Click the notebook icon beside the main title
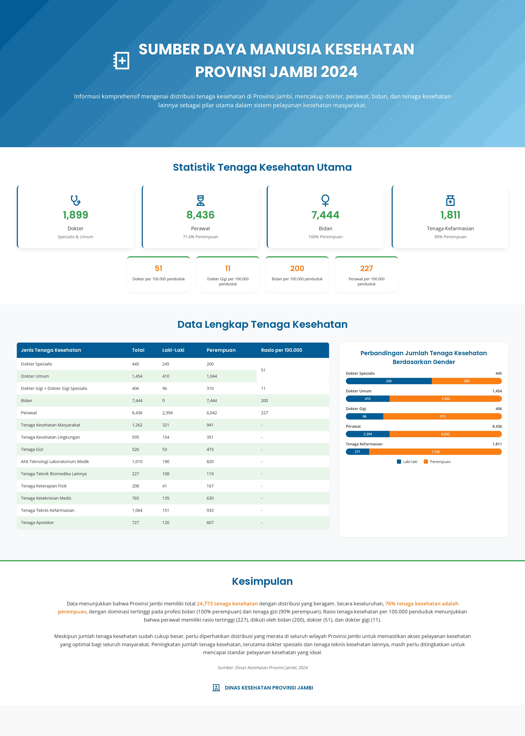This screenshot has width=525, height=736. [122, 61]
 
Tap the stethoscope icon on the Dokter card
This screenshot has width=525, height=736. [75, 201]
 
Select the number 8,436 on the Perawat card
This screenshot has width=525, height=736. [200, 215]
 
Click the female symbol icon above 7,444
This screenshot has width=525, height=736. [325, 200]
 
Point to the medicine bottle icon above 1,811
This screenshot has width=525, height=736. [450, 201]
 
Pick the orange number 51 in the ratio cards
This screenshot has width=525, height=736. [158, 268]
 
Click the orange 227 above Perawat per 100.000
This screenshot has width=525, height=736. [366, 268]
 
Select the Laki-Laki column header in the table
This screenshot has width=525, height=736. [173, 350]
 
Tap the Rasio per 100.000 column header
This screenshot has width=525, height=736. [281, 350]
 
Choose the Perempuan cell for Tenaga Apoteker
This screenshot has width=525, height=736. [210, 522]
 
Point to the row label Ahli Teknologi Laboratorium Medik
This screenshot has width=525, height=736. [55, 462]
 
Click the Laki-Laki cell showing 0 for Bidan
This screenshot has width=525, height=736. [164, 401]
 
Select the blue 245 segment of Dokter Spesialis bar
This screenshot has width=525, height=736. [388, 381]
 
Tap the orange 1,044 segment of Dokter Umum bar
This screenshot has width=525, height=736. [445, 399]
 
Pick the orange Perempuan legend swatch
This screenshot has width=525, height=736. [426, 462]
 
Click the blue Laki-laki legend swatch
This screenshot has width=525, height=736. [399, 462]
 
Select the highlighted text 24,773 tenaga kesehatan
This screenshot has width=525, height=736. [227, 604]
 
